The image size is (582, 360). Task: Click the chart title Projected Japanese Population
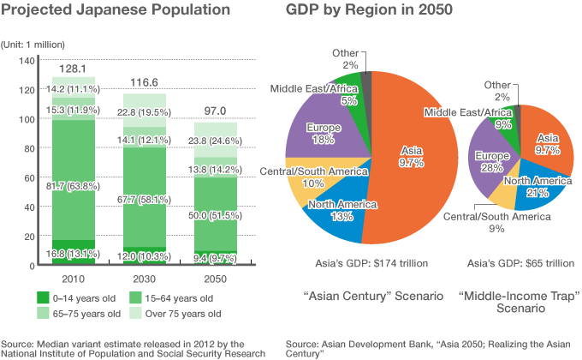coord(116,12)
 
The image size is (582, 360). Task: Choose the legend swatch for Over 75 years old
coord(134,314)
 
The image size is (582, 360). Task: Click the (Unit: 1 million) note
coord(39,43)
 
